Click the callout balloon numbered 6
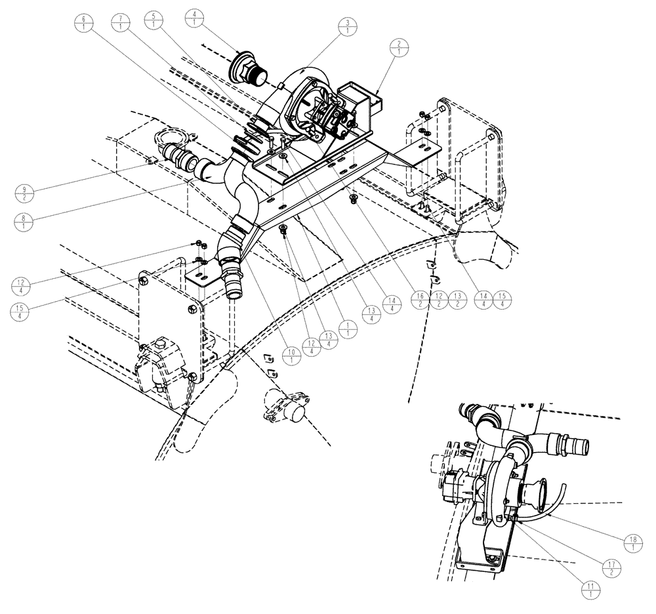click(x=84, y=23)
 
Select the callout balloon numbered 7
click(x=121, y=23)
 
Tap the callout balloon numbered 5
click(x=154, y=20)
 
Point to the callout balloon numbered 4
click(x=195, y=18)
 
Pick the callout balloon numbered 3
click(x=347, y=30)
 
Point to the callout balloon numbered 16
click(x=421, y=301)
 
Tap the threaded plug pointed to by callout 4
click(x=247, y=68)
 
